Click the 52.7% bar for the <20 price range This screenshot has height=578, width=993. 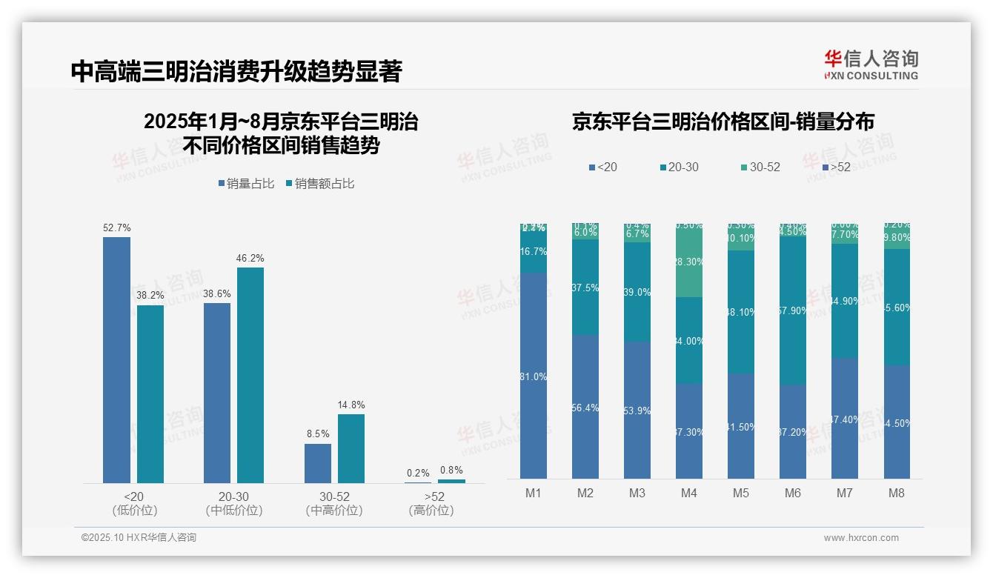(116, 360)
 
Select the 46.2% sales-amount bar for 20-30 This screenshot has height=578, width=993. (250, 375)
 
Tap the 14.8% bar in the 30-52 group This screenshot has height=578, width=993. (351, 448)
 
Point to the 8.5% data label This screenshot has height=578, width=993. (317, 433)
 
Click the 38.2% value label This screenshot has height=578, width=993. (150, 295)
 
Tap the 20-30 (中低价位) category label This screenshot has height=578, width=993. (233, 503)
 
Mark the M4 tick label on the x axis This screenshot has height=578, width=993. (688, 493)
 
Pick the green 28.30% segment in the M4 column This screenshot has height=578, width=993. (688, 262)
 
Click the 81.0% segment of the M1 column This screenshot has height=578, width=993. (533, 376)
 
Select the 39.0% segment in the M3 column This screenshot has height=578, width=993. (637, 292)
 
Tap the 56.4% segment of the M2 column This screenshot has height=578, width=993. (585, 407)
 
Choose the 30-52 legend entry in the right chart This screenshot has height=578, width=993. (759, 167)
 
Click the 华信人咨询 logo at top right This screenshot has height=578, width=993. (871, 64)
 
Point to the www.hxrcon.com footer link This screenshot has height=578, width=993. (860, 538)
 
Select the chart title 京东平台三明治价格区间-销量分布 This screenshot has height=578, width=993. (723, 122)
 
